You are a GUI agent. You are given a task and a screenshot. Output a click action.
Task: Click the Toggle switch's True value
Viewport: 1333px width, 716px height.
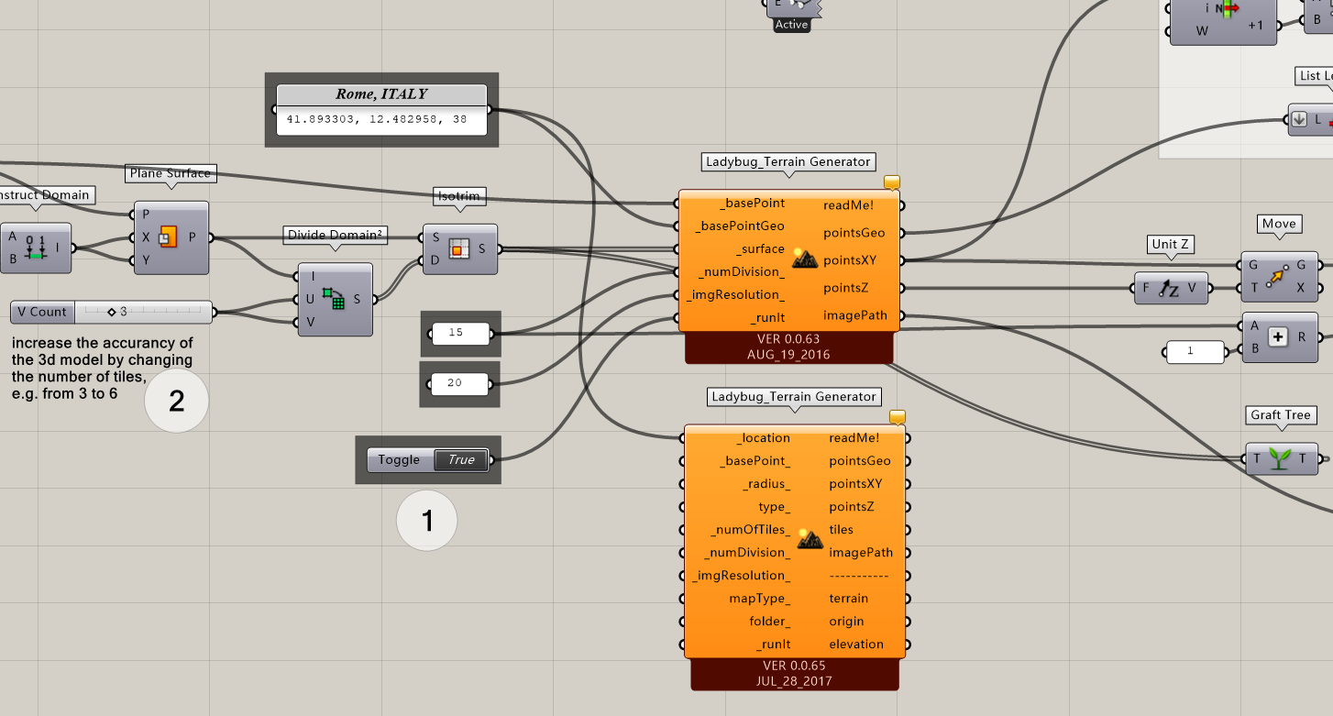[461, 459]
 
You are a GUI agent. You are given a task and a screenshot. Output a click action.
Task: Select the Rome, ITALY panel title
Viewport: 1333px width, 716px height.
[381, 94]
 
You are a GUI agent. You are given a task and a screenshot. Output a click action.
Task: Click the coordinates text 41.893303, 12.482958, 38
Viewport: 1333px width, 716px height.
[377, 119]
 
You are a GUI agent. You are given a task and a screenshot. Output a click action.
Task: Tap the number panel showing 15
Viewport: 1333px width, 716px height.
[460, 333]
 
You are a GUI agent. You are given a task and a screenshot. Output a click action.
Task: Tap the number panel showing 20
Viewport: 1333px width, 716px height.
[459, 383]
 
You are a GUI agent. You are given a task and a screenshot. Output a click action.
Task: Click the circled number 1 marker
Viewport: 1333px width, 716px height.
[426, 520]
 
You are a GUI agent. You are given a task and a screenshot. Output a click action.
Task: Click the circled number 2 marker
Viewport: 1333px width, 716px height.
[176, 401]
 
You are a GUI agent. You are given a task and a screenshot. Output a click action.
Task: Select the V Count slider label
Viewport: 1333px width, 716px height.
[42, 312]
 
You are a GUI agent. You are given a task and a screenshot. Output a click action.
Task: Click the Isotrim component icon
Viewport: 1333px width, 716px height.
[458, 249]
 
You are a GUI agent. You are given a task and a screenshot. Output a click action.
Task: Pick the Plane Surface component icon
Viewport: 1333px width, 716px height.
[168, 237]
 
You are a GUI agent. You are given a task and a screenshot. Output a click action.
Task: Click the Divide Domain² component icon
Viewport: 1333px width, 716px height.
[334, 299]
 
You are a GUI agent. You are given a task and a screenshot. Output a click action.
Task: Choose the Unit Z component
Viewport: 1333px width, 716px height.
[1171, 289]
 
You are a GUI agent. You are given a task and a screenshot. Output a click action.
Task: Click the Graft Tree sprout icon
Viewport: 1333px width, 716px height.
[1280, 458]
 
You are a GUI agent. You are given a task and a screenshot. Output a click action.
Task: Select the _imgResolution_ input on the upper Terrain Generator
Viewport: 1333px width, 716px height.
[734, 294]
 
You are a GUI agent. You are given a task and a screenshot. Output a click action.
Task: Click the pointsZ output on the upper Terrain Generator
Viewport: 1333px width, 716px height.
[845, 288]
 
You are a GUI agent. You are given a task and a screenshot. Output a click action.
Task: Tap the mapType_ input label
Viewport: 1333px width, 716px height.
[759, 598]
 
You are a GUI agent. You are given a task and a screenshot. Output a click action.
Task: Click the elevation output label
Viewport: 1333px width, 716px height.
[855, 644]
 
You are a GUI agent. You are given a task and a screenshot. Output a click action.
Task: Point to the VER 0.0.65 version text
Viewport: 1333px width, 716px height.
[794, 666]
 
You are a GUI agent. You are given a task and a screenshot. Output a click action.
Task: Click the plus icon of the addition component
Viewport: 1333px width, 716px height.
[1278, 336]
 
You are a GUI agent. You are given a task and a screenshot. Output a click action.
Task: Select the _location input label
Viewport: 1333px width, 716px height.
[763, 438]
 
